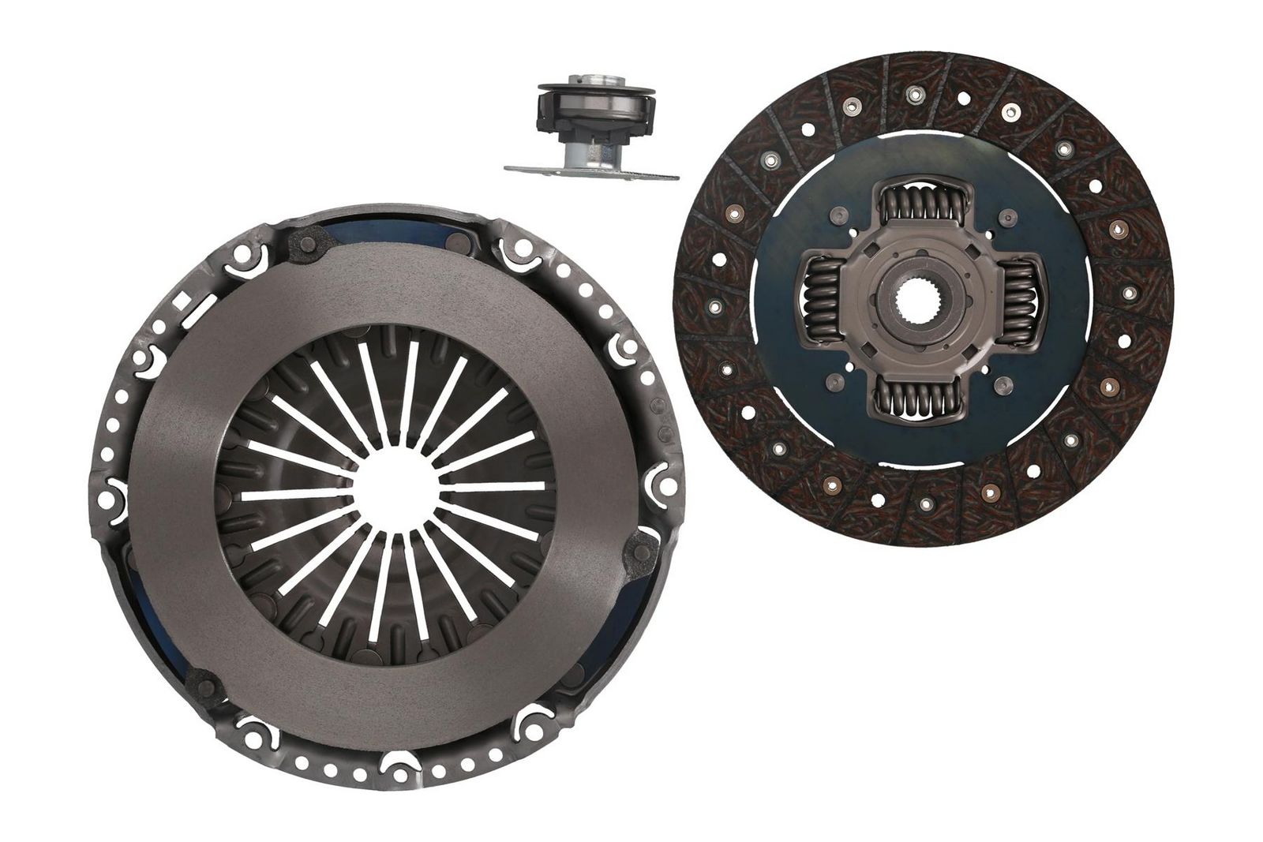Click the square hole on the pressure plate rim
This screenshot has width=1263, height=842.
click(183, 301)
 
